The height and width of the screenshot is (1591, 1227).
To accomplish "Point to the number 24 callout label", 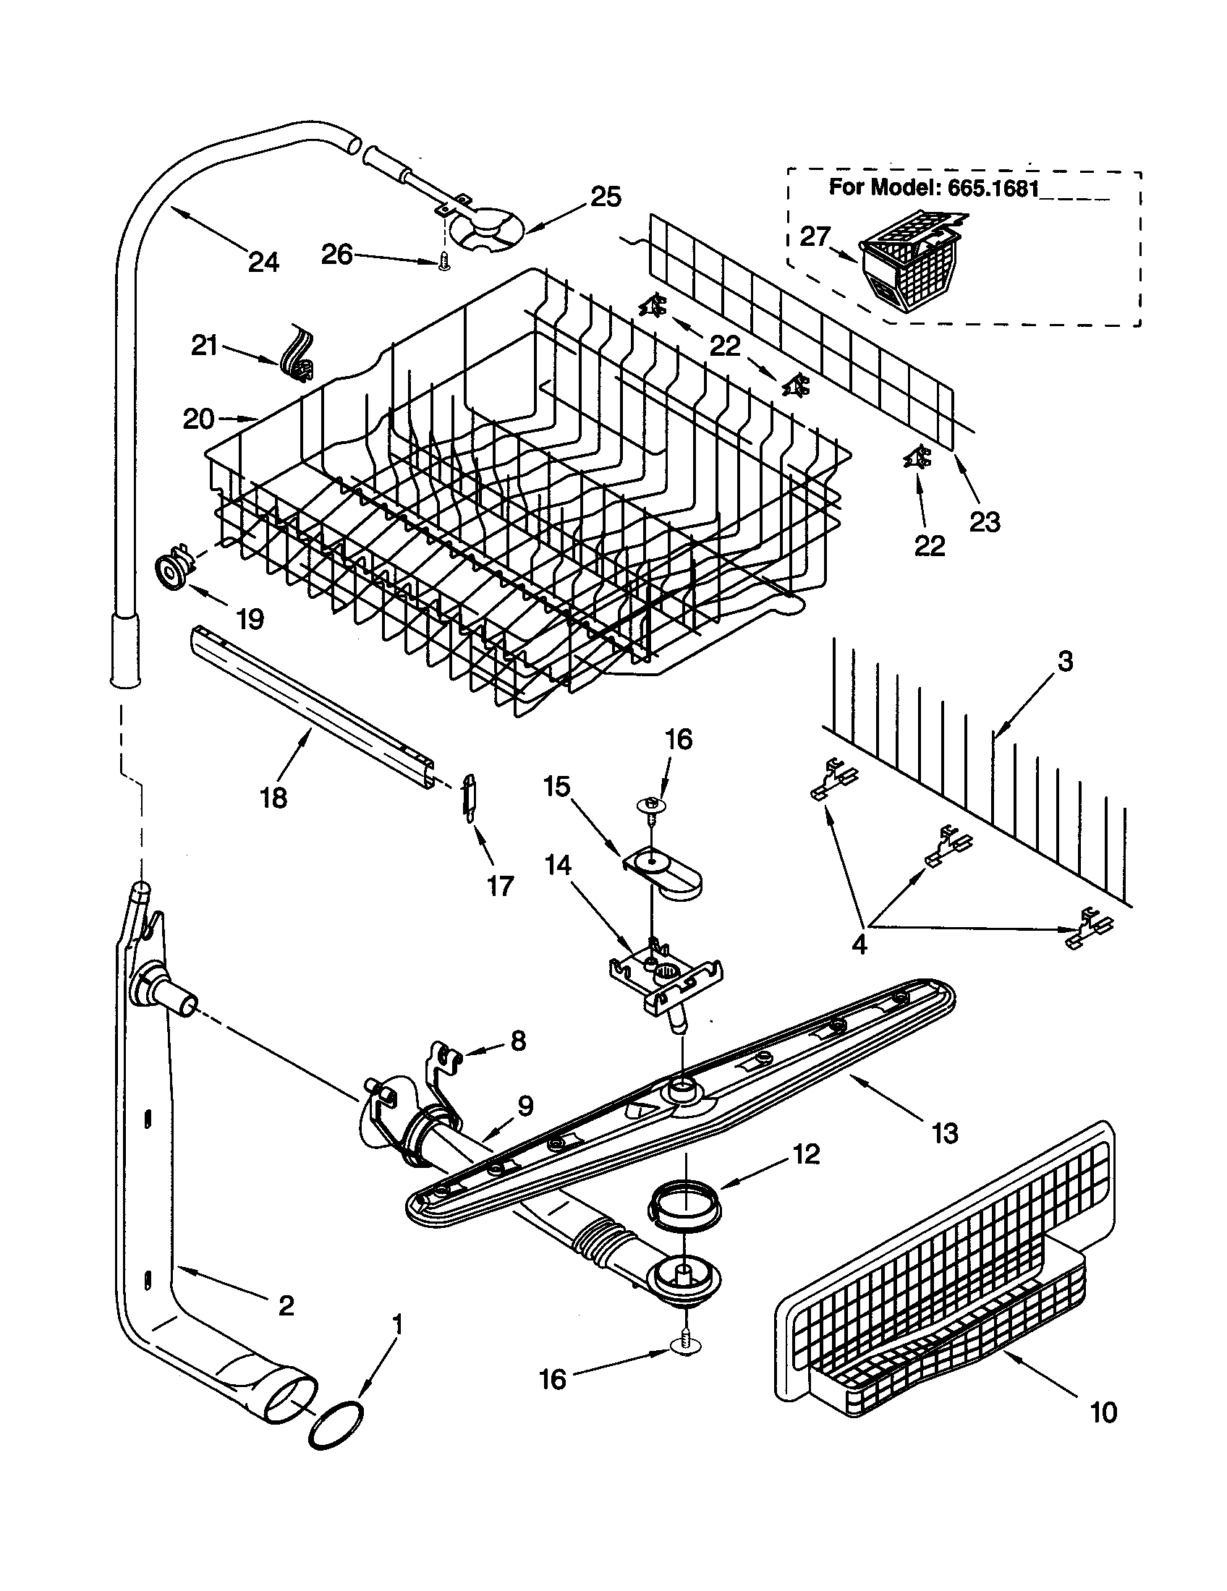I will click(x=263, y=262).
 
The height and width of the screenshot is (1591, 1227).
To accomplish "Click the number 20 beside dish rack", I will click(x=198, y=419).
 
